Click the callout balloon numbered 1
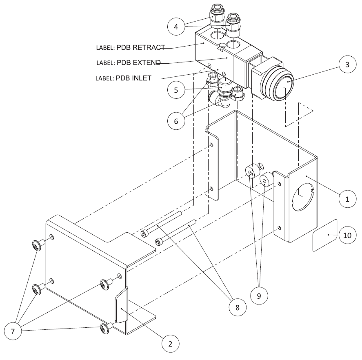click(347, 199)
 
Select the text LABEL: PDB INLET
click(124, 78)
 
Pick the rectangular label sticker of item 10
click(324, 236)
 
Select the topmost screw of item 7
click(38, 245)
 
